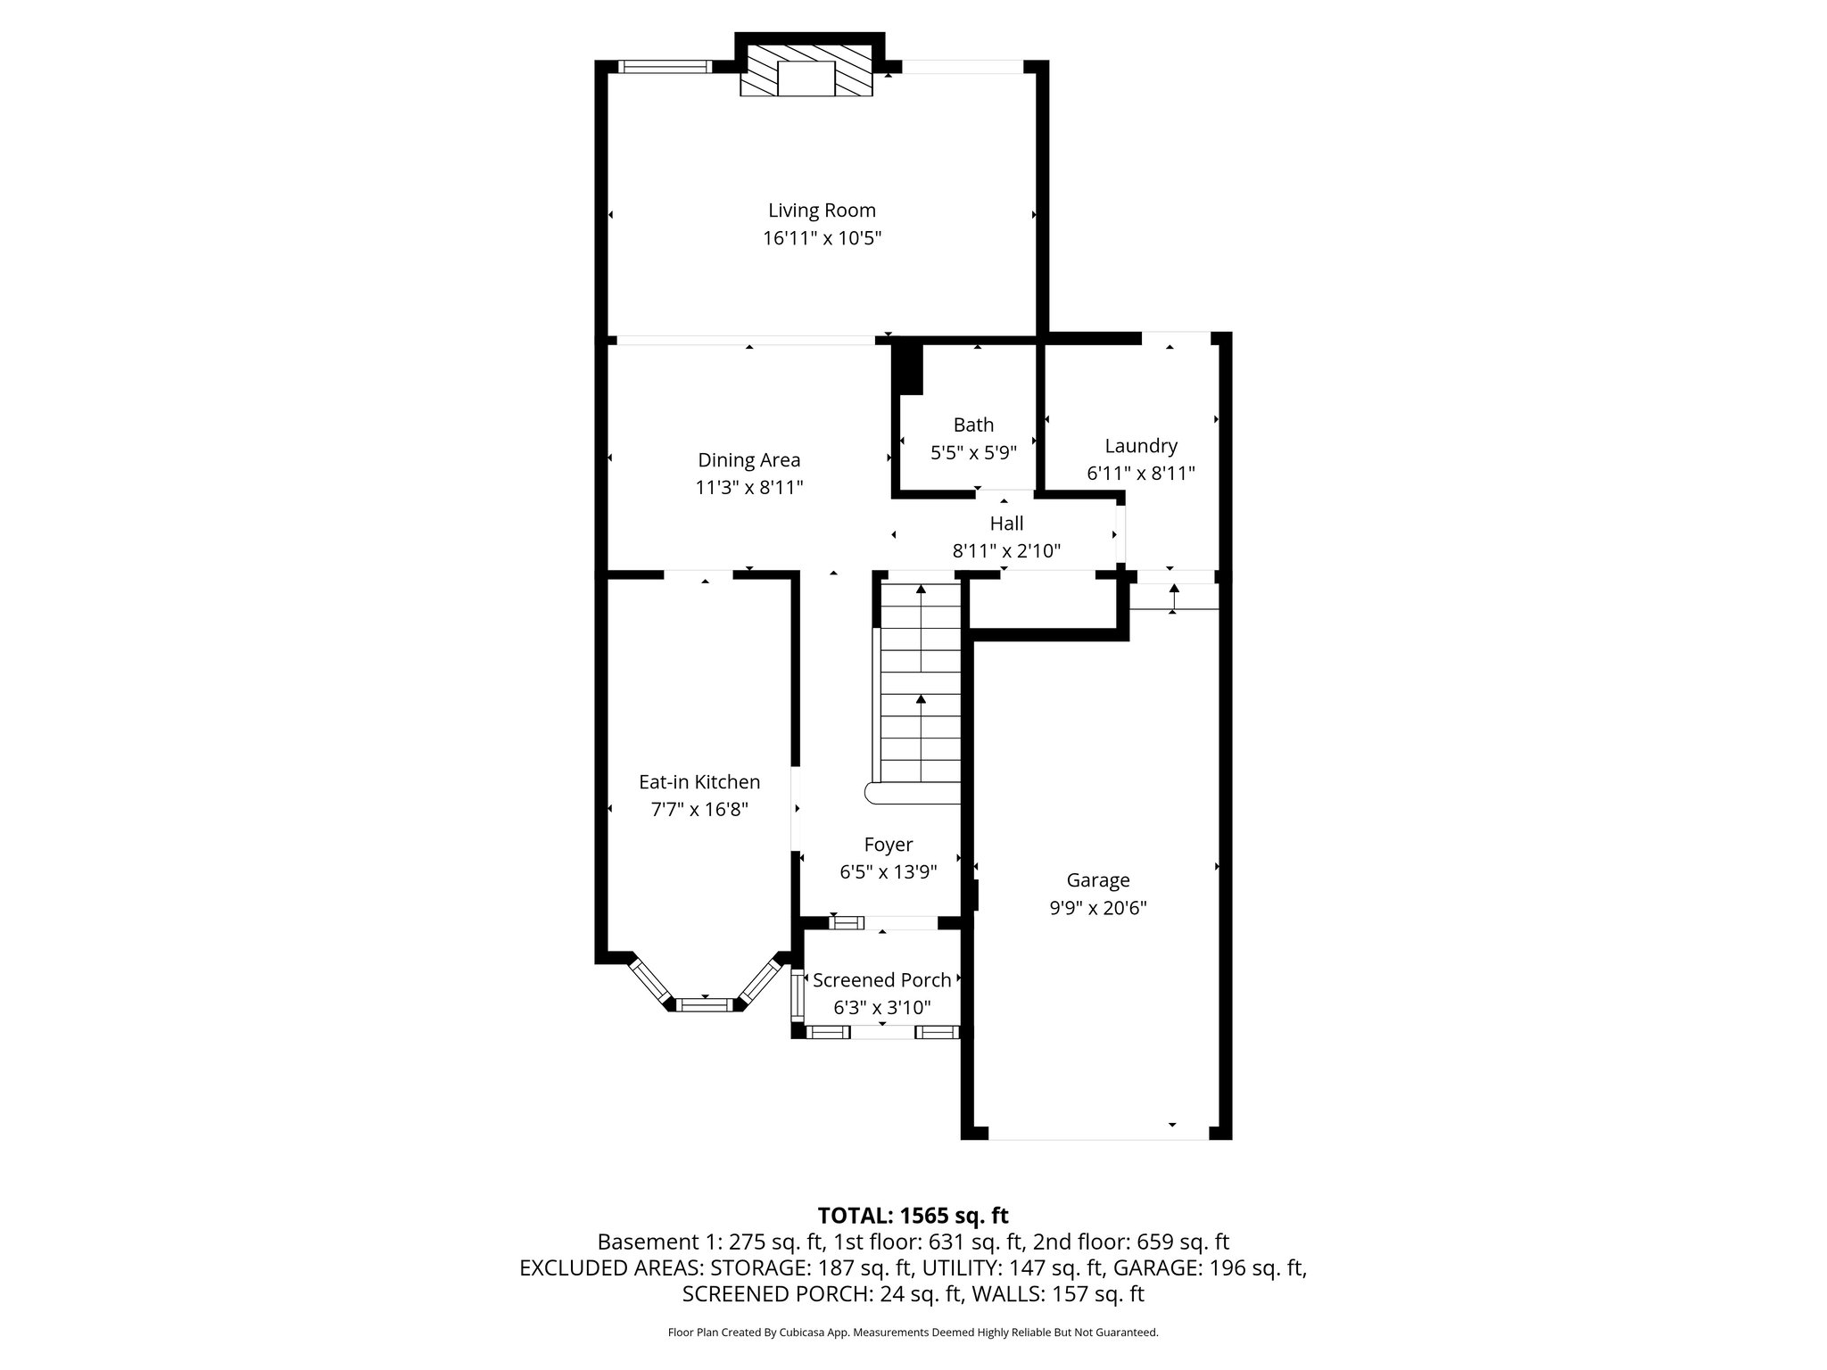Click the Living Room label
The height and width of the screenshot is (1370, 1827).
[x=822, y=210]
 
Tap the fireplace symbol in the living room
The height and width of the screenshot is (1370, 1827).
[x=806, y=78]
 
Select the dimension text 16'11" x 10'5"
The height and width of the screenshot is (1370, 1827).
[x=822, y=238]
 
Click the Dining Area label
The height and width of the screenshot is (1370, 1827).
[x=748, y=460]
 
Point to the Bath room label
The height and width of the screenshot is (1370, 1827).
[x=973, y=425]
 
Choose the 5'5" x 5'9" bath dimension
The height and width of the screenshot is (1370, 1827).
[x=973, y=452]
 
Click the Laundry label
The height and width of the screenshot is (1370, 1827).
[x=1140, y=446]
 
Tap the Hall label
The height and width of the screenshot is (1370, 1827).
[x=1006, y=524]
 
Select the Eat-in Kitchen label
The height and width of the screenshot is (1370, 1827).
[x=699, y=782]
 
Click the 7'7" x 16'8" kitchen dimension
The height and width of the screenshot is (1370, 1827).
[x=699, y=810]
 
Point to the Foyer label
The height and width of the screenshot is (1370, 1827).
[x=888, y=845]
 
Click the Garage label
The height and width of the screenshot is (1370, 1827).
[x=1097, y=880]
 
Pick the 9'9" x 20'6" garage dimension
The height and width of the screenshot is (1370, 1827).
[x=1097, y=908]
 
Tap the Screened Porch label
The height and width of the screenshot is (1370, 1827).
[x=881, y=980]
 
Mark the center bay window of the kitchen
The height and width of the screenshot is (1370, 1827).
[x=705, y=1004]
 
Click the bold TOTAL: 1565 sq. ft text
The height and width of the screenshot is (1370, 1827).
[x=913, y=1216]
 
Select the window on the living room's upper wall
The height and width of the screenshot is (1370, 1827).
[x=665, y=66]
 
